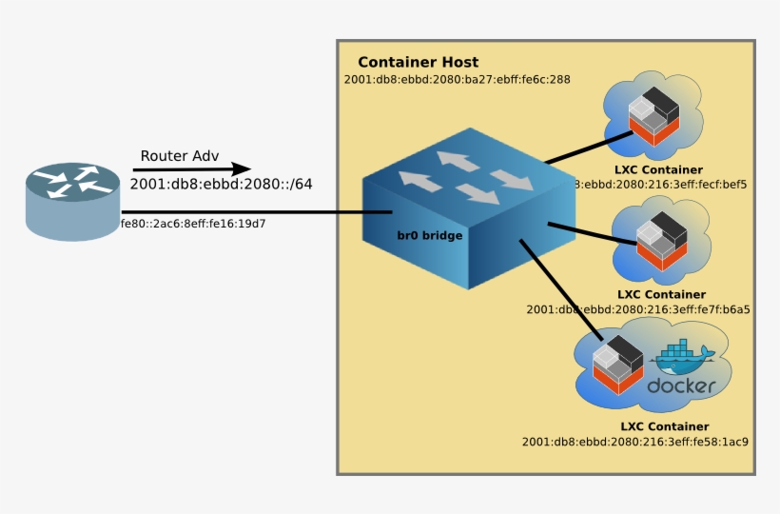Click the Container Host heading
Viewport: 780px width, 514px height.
418,63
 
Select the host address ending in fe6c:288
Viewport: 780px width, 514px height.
457,79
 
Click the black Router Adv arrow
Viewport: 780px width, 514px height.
190,170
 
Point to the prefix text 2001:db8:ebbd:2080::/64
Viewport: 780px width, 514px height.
221,185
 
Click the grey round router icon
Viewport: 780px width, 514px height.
72,201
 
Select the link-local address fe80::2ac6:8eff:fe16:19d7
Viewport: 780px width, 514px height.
192,225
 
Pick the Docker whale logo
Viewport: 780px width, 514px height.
683,359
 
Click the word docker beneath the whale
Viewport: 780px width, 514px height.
681,385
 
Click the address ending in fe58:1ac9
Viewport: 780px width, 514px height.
634,442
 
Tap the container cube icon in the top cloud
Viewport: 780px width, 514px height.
653,113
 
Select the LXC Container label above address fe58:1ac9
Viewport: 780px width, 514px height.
664,426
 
